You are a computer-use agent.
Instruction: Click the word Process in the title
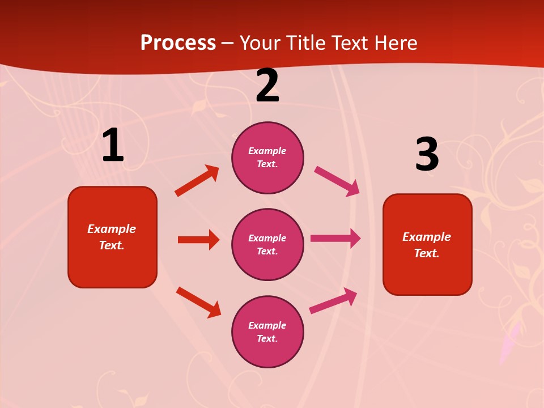[178, 43]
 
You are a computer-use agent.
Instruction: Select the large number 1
[113, 146]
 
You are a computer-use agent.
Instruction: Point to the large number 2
[267, 86]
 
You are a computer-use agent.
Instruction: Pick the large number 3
[427, 155]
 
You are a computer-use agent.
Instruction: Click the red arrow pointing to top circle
[197, 181]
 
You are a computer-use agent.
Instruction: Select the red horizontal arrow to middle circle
[198, 240]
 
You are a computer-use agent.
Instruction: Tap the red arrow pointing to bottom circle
[198, 302]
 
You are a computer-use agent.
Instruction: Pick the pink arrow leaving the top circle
[337, 181]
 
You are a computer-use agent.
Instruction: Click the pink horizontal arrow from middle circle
[335, 239]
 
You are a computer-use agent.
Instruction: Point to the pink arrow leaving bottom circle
[334, 300]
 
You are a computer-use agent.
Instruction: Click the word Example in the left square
[112, 229]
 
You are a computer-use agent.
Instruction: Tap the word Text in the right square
[426, 253]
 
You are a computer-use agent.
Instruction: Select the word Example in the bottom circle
[267, 325]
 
